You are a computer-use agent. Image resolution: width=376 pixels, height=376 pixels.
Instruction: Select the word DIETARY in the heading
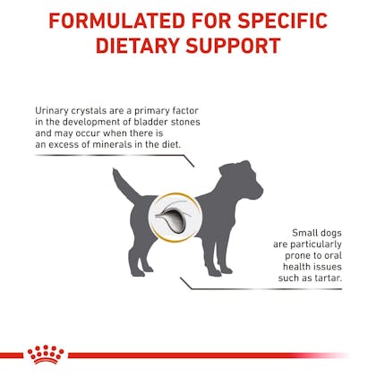coord(137,46)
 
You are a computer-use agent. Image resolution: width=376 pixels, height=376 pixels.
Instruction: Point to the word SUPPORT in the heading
coord(234,46)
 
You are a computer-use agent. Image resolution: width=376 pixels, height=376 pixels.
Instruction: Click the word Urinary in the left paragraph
coord(52,111)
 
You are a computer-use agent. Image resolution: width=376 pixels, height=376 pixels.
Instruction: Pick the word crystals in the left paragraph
coord(89,111)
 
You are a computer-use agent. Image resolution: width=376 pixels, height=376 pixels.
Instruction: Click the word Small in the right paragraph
coord(304,233)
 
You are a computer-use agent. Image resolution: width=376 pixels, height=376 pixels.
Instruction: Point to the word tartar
coord(329,278)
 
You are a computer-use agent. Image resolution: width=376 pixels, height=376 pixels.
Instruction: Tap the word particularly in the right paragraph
coord(316,244)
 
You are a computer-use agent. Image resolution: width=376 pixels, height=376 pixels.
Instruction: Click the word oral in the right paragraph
coord(333,255)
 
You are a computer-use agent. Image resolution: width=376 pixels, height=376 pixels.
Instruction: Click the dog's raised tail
coord(124,185)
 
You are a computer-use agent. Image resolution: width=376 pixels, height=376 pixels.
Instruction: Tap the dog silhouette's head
coord(242,179)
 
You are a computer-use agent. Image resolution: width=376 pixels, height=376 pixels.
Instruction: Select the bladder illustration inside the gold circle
coord(173,218)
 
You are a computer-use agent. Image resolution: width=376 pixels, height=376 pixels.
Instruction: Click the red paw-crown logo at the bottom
coord(46,355)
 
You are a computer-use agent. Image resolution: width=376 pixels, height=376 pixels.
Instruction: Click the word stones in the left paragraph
coord(185,122)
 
